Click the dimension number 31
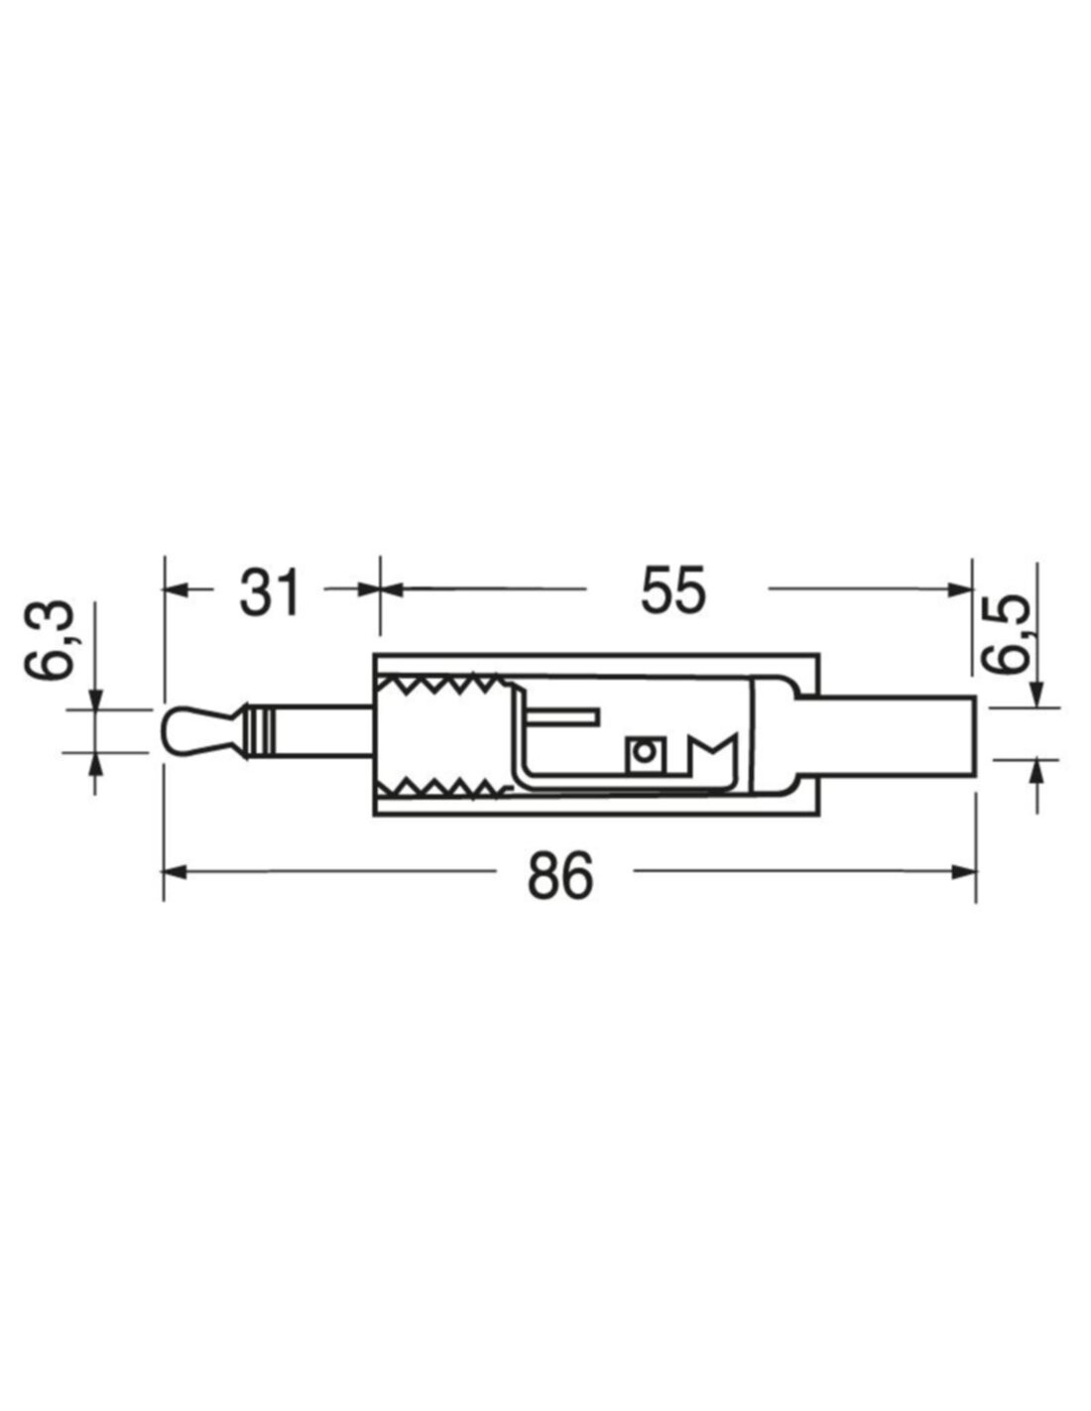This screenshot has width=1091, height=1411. coord(270,591)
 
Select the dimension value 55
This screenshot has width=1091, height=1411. coord(673,591)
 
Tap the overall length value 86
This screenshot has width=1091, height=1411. coord(560,876)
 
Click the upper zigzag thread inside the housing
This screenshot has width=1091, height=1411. coord(441,685)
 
